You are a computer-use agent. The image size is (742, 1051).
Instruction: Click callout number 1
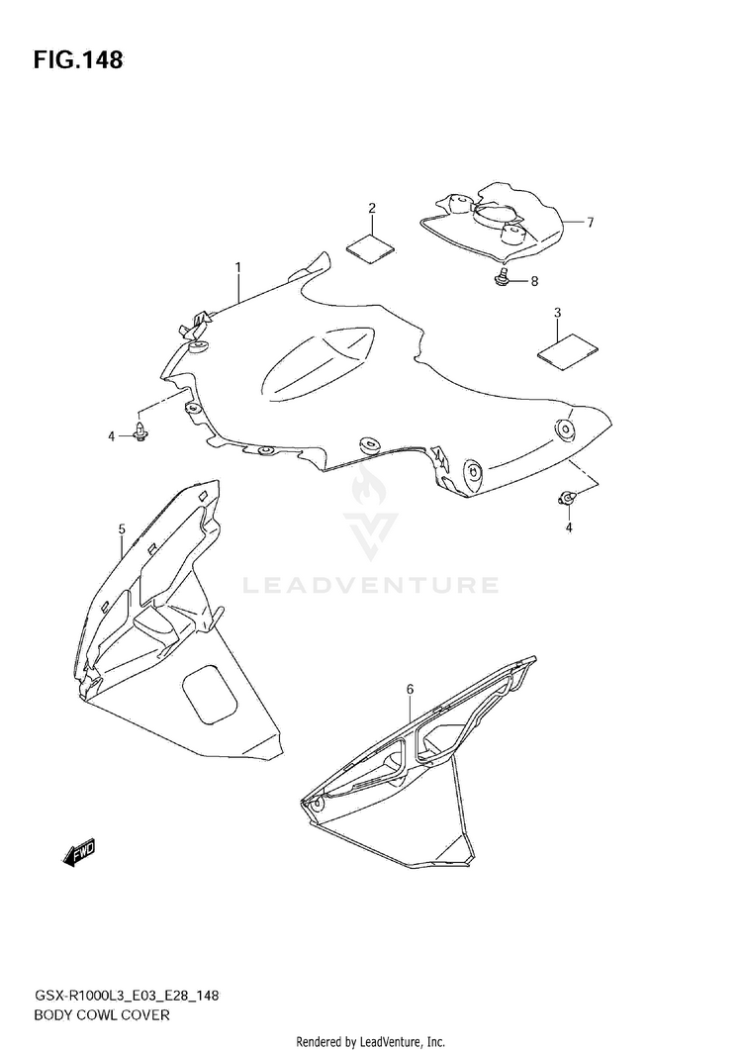point(238,267)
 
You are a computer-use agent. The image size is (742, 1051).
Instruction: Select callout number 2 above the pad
point(372,208)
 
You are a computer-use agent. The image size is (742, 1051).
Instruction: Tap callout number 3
point(557,314)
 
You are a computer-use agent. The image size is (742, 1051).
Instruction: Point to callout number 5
point(122,529)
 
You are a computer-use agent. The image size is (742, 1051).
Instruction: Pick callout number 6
point(410,688)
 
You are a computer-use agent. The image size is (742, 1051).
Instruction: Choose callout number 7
point(590,223)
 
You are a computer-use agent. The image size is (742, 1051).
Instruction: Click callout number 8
point(534,282)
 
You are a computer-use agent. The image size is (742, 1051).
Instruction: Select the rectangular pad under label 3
point(568,352)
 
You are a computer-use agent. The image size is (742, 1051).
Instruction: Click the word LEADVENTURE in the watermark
point(371,586)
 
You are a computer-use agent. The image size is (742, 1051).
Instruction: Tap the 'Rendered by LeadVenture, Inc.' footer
point(371,1041)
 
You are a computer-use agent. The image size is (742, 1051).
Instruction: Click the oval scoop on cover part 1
point(317,364)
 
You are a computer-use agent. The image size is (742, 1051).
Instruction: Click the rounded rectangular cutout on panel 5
point(210,692)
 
